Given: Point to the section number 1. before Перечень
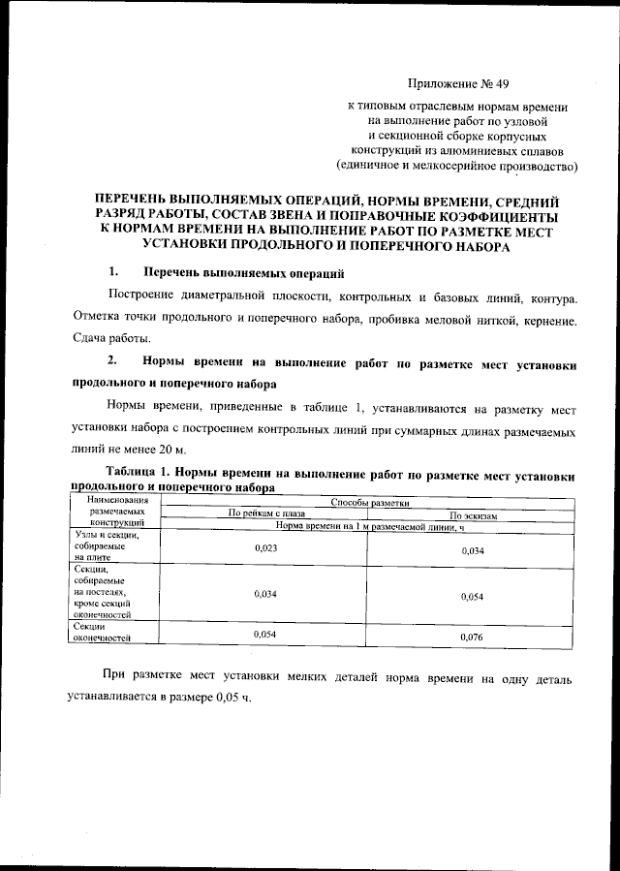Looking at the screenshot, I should pos(113,270).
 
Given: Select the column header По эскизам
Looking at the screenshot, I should pos(473,516).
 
